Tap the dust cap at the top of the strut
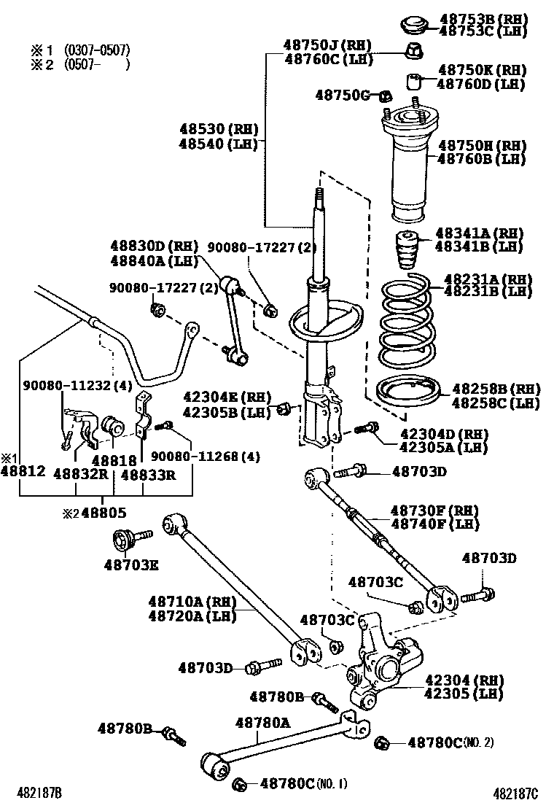(414, 23)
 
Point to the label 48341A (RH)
(479, 233)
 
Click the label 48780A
(262, 723)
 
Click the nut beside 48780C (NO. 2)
(381, 743)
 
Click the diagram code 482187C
(515, 793)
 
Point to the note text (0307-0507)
(97, 50)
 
